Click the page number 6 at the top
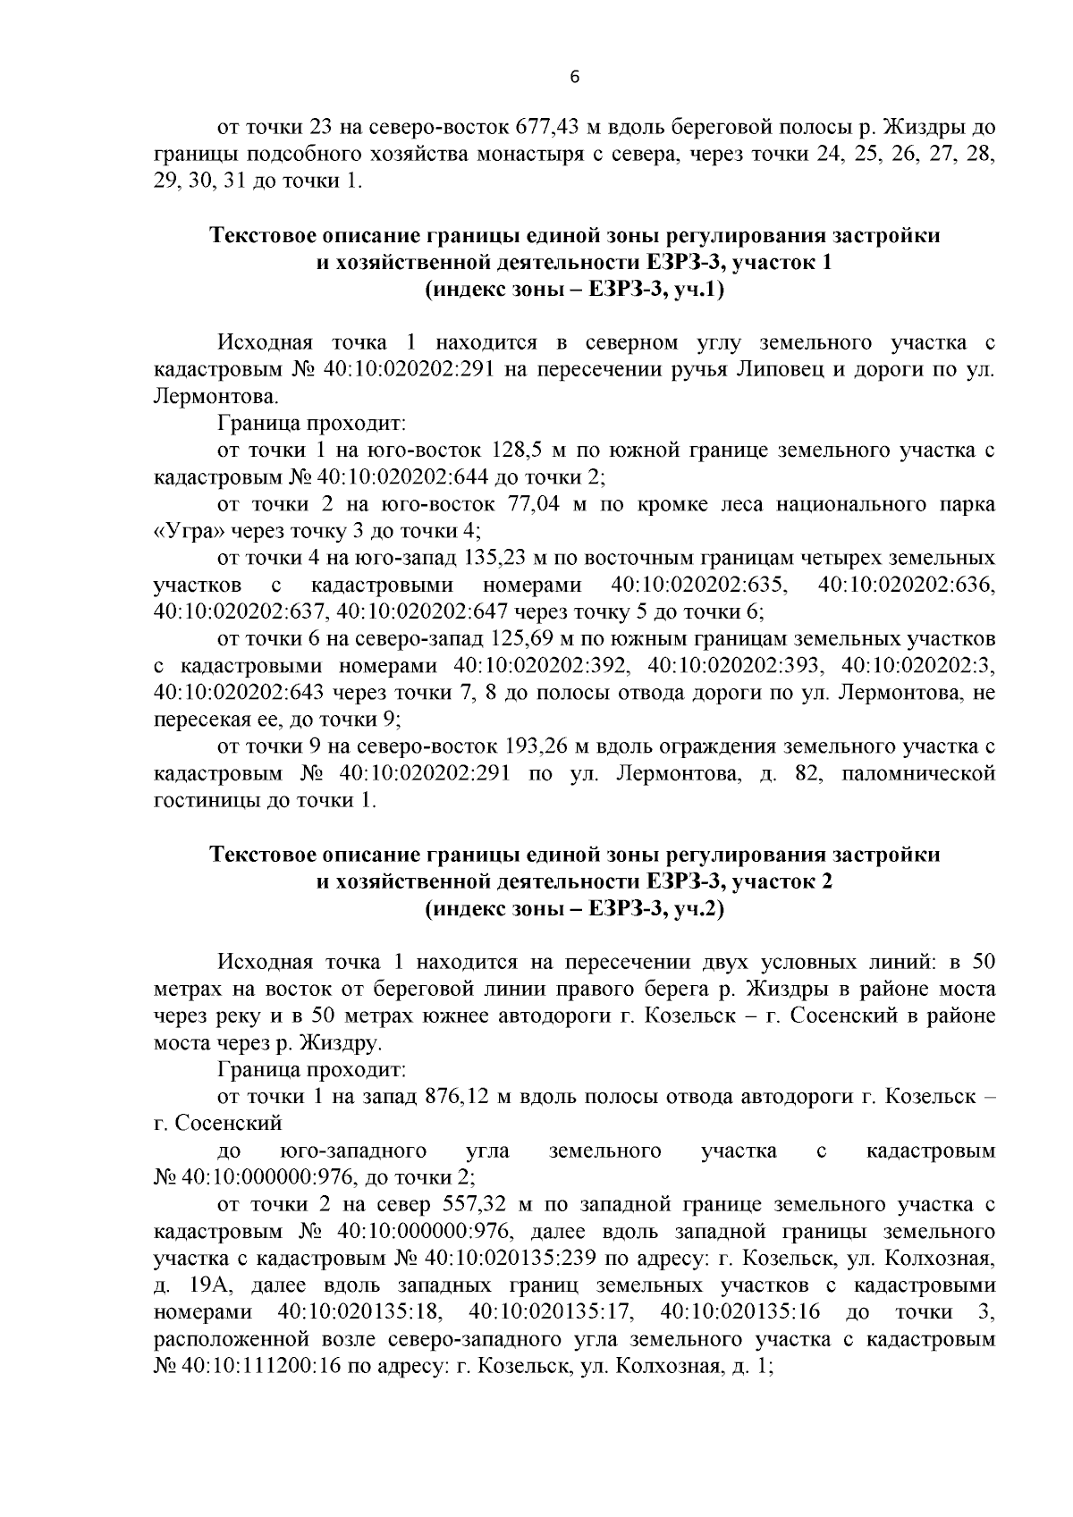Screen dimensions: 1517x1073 tap(575, 78)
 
